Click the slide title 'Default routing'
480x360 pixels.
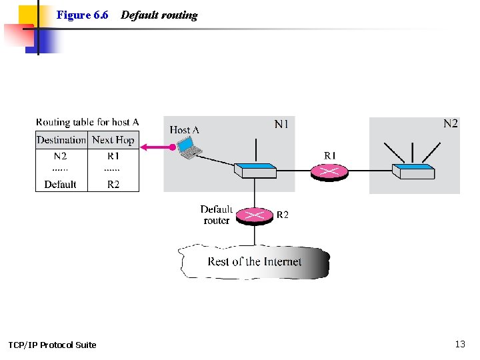click(x=159, y=15)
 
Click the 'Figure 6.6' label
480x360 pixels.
click(x=83, y=15)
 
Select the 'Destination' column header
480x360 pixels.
click(x=61, y=140)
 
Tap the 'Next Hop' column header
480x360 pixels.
click(x=113, y=140)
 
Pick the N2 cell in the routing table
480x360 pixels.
click(x=61, y=156)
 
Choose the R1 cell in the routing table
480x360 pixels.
click(x=113, y=156)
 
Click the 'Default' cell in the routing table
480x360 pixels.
click(x=61, y=184)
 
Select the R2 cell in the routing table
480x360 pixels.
click(x=113, y=184)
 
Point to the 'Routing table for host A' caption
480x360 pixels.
click(x=87, y=122)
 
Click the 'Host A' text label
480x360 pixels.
click(x=185, y=130)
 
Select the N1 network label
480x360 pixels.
click(x=282, y=124)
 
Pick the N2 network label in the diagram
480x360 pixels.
click(x=451, y=124)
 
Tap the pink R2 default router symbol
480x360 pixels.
click(x=255, y=215)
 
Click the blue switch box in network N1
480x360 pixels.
click(x=255, y=171)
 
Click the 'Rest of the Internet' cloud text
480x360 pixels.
click(x=255, y=262)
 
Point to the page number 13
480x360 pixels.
click(x=460, y=344)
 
